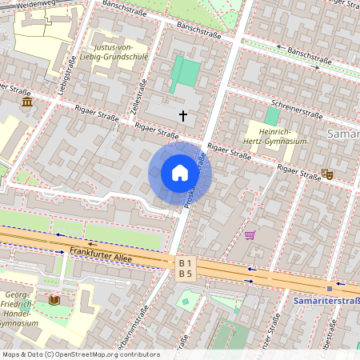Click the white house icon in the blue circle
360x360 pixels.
[180, 173]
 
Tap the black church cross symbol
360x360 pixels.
[183, 116]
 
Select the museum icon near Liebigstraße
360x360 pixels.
[28, 103]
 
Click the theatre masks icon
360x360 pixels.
[327, 174]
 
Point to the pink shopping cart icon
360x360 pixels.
[250, 235]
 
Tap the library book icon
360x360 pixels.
[54, 300]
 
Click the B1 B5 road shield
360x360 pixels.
[186, 268]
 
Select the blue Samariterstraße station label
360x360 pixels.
[327, 300]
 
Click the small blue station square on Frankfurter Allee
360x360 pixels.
[329, 289]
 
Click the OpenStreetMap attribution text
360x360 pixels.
[81, 354]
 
